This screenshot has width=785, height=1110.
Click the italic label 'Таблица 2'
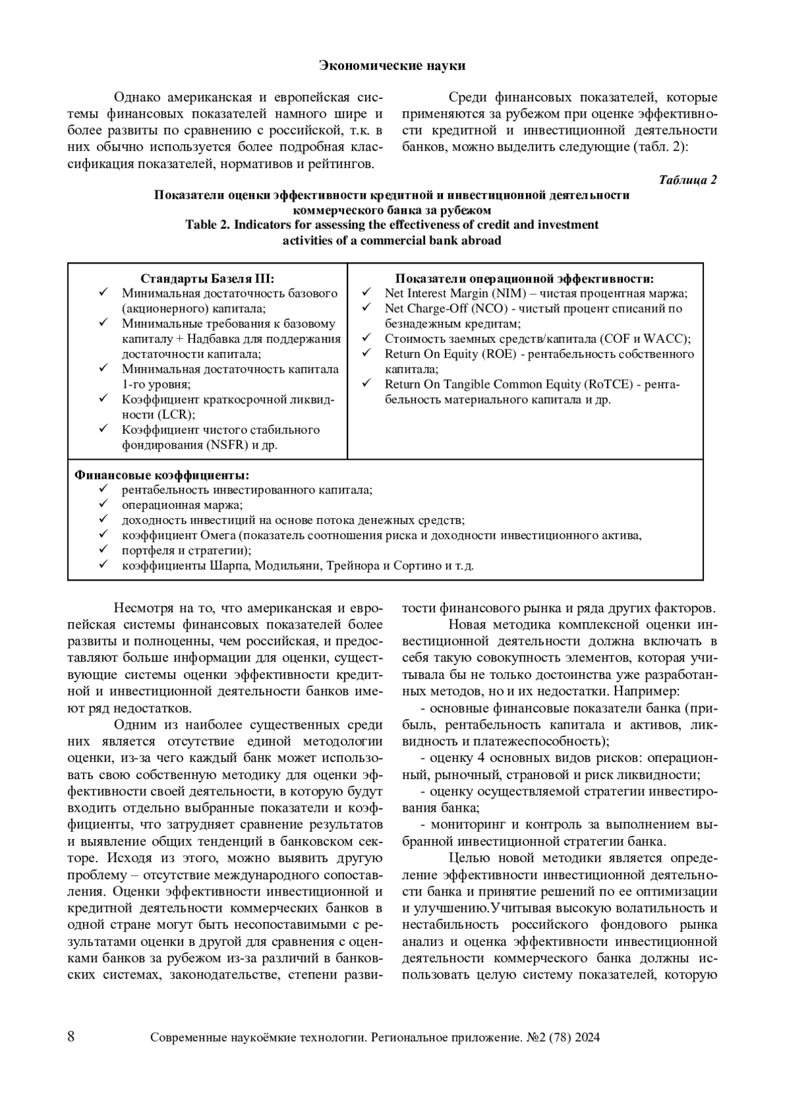[x=688, y=180]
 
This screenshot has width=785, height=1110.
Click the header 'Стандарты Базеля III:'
[x=207, y=279]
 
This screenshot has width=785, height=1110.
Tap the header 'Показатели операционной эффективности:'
[x=525, y=279]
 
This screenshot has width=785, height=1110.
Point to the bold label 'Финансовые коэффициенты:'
[x=162, y=474]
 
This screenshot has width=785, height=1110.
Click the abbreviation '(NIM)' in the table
[x=508, y=294]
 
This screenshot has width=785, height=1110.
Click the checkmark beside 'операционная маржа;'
[x=103, y=504]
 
